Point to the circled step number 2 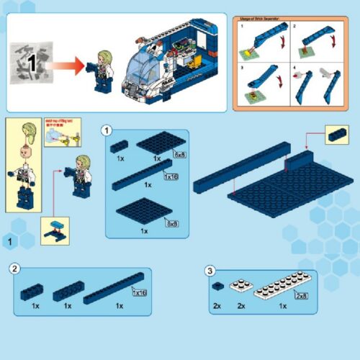pos(14,269)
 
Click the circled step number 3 pos(210,271)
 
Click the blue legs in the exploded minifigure pos(27,196)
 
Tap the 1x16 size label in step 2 pos(138,292)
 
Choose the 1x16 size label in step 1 pos(171,176)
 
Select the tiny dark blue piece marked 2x pos(217,287)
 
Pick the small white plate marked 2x pos(240,287)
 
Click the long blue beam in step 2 pos(108,293)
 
